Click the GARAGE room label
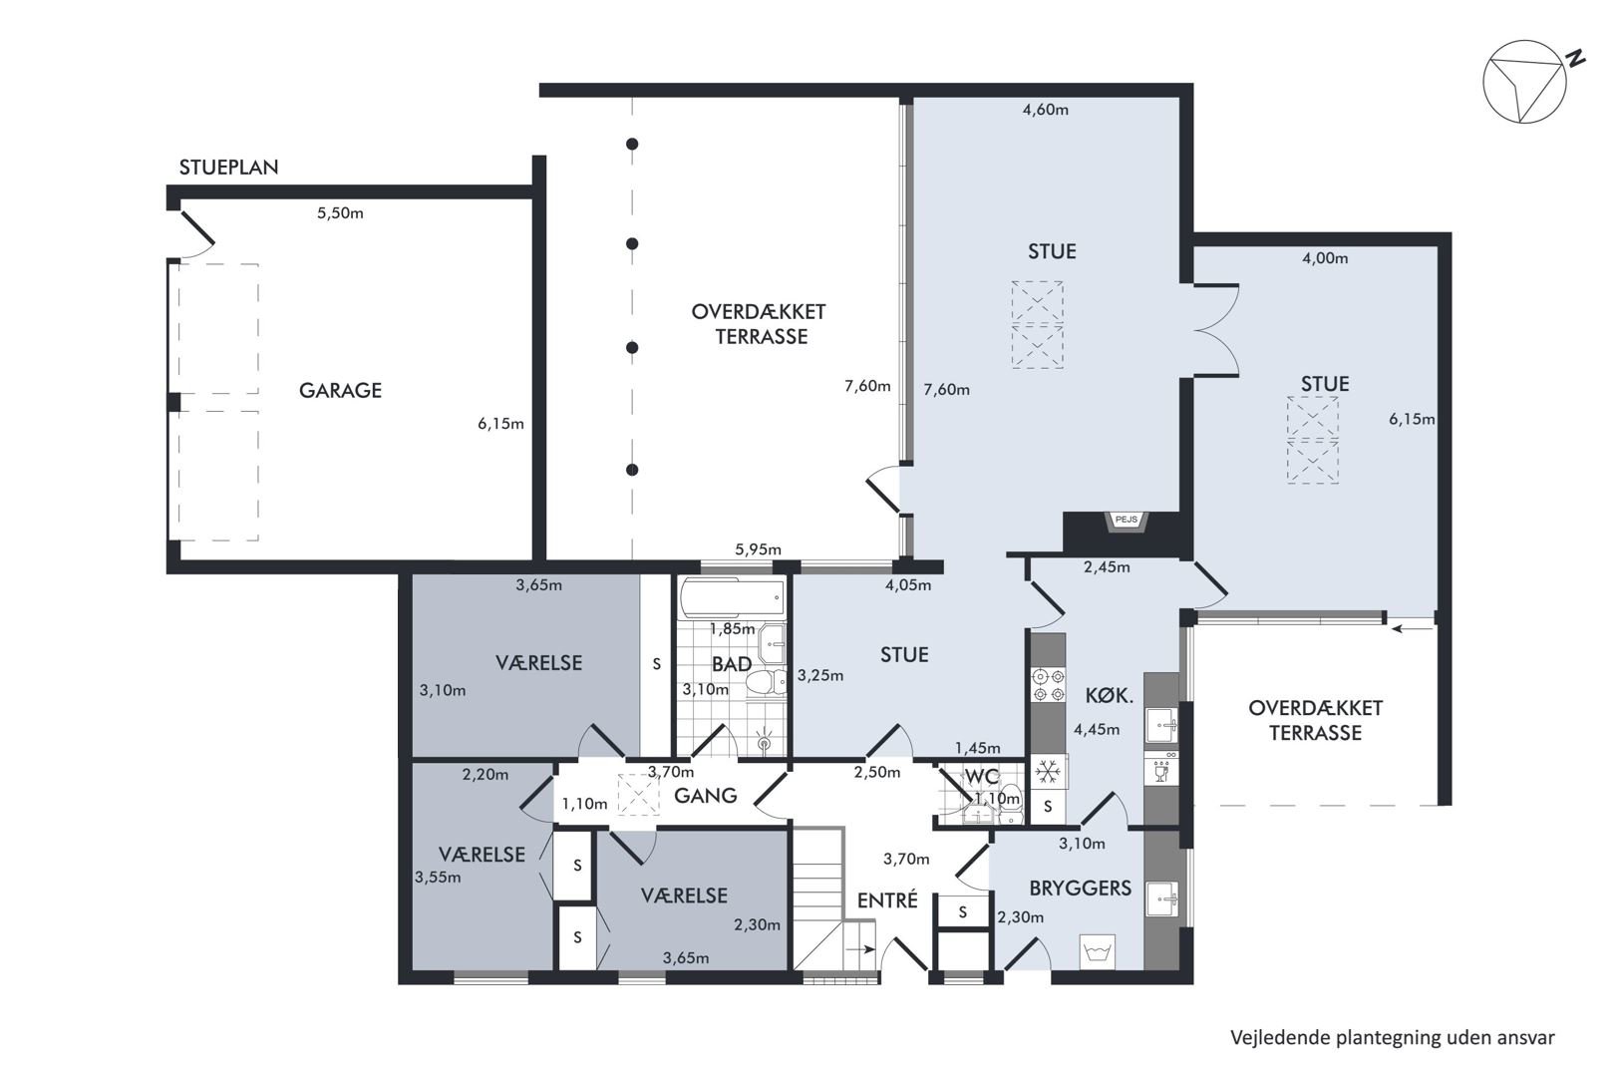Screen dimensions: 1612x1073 point(340,390)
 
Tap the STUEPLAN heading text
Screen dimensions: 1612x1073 point(229,167)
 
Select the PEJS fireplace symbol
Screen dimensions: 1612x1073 point(1126,521)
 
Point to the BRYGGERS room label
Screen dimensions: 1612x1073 point(1081,889)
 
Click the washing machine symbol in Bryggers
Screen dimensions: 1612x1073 point(1098,952)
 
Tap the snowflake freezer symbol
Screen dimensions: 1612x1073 point(1048,772)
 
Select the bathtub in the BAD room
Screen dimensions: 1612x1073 point(732,597)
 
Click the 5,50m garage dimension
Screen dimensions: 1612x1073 point(340,213)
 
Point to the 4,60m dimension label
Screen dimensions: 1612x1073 point(1046,110)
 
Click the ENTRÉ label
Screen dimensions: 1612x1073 point(887,900)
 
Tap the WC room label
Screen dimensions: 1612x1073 point(982,777)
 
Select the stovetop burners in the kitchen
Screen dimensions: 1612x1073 point(1048,684)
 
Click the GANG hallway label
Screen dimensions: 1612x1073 point(705,795)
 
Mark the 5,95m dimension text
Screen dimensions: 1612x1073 point(758,549)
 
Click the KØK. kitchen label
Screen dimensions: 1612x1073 point(1110,695)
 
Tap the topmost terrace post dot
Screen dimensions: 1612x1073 point(632,144)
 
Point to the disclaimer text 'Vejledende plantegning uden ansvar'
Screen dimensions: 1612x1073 point(1393,1038)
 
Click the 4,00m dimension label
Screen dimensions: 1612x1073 point(1325,258)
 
